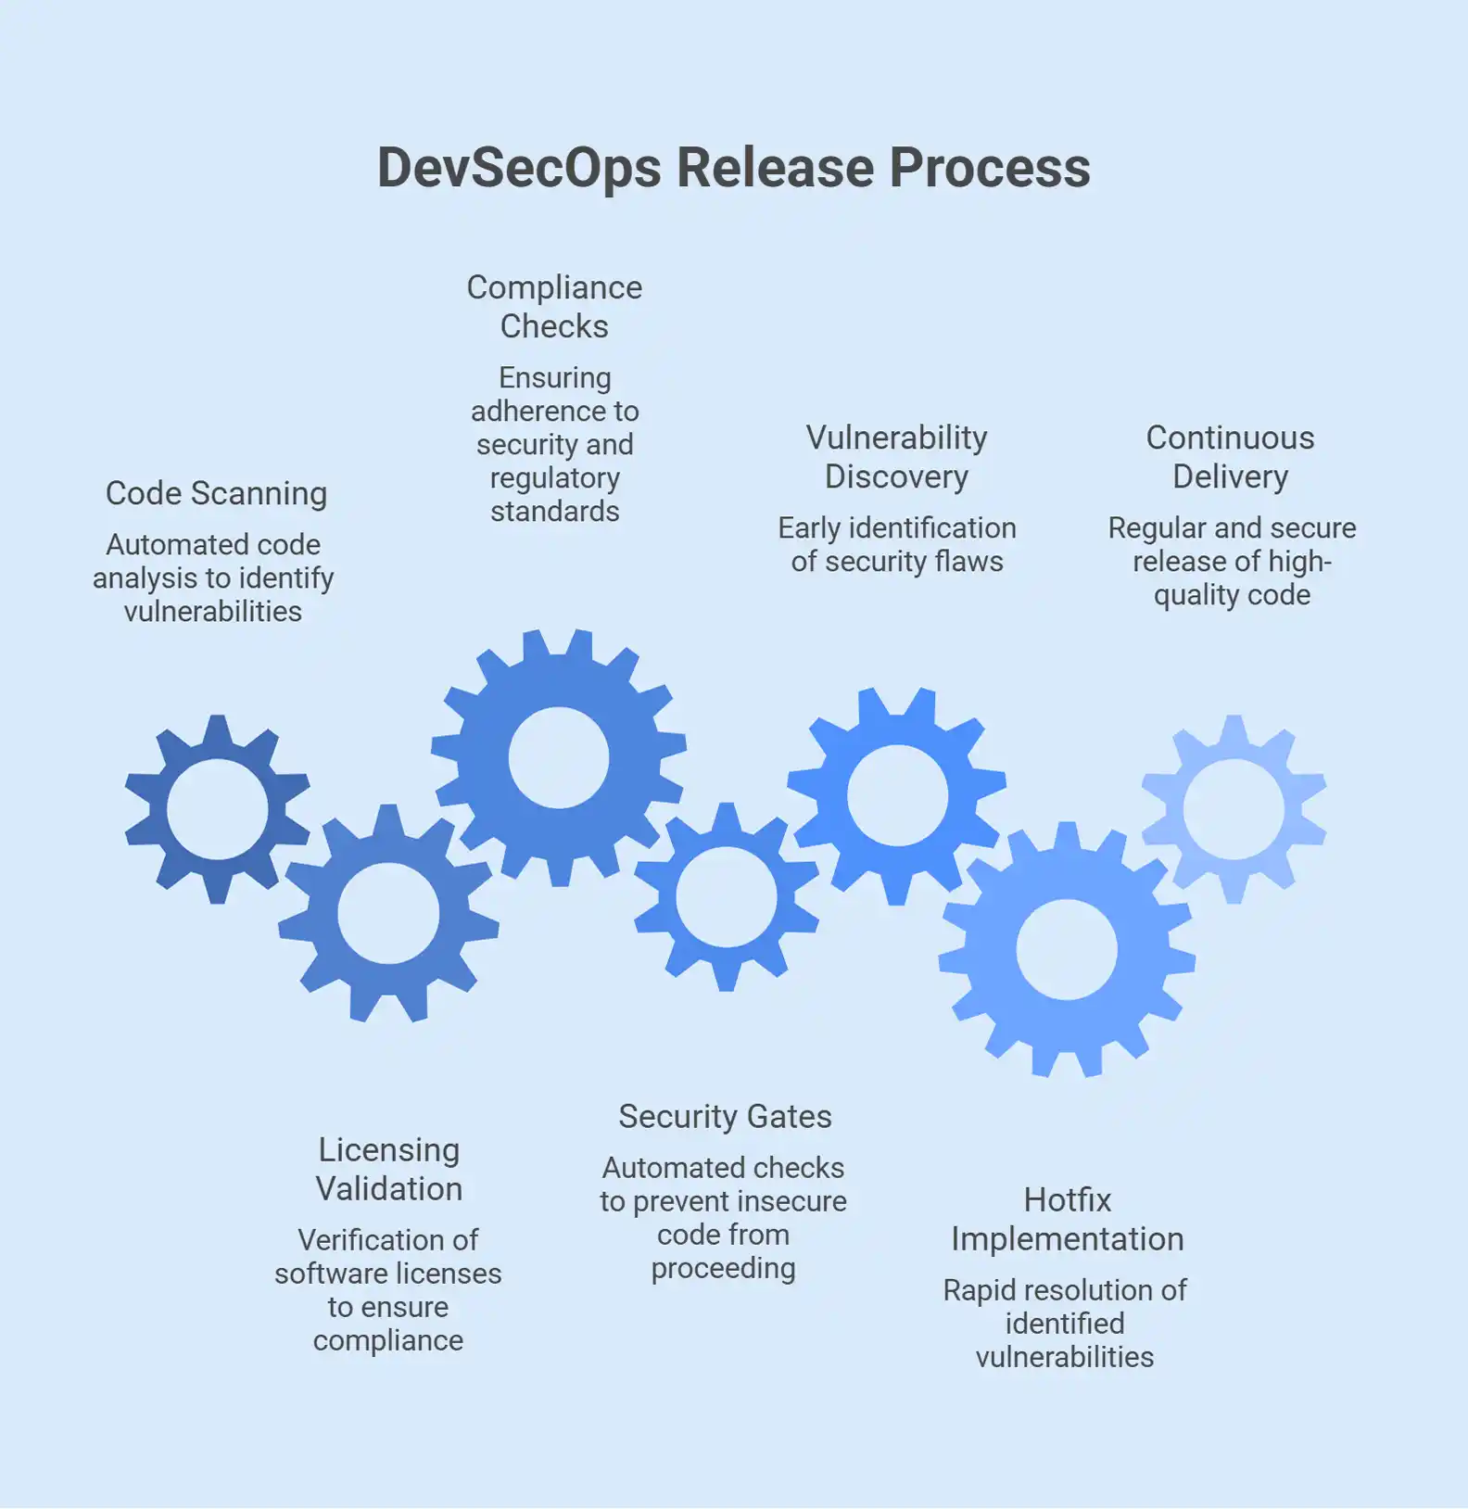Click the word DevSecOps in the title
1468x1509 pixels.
pos(520,168)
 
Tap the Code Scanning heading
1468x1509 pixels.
pos(216,493)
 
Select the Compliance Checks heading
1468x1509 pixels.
pos(554,307)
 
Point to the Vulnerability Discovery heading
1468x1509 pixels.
pos(896,457)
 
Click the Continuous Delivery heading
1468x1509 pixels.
pos(1230,457)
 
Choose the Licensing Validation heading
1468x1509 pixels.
pos(388,1169)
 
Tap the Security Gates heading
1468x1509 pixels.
pos(725,1116)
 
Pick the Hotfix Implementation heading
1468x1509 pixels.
pos(1067,1219)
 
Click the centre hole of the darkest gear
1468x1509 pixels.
pos(217,809)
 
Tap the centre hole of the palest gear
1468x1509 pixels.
pos(1234,809)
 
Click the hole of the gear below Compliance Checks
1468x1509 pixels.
pos(559,757)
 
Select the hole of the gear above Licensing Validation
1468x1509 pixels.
pos(388,913)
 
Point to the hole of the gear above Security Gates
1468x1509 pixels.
pos(727,896)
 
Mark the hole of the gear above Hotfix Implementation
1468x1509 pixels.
pos(1067,949)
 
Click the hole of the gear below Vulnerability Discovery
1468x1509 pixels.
pos(897,795)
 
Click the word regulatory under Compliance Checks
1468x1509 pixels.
pos(554,478)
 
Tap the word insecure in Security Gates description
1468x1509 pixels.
pos(791,1201)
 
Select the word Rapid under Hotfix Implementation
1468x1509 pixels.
pos(981,1290)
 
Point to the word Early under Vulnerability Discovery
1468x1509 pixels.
pos(809,528)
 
